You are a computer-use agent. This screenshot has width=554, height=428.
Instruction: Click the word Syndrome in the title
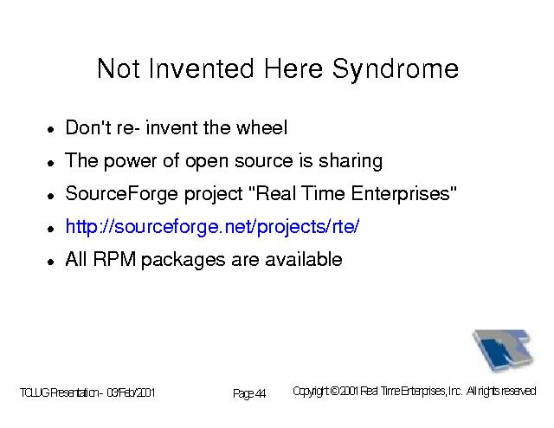396,70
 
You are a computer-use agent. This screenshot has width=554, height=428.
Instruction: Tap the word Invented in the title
201,68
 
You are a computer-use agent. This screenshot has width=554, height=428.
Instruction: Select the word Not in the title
119,68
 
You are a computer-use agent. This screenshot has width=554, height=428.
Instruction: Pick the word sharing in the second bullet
351,162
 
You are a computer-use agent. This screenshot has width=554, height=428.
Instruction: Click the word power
130,162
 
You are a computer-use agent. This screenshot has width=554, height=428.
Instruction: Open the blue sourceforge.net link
212,227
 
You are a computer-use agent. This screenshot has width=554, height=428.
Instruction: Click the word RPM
114,260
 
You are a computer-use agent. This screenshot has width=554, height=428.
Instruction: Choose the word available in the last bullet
304,260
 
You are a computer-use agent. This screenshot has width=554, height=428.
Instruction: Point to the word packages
183,261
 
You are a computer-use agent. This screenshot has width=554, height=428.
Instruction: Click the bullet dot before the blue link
51,230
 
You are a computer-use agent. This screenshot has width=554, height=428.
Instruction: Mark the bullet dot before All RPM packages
51,263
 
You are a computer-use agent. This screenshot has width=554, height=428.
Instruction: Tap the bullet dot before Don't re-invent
51,130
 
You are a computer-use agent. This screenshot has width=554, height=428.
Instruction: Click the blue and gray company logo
503,350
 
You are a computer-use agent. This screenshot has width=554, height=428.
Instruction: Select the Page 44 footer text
249,393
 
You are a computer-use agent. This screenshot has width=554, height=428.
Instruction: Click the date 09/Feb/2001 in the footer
131,392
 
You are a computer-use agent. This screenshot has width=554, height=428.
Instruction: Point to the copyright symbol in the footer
335,392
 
